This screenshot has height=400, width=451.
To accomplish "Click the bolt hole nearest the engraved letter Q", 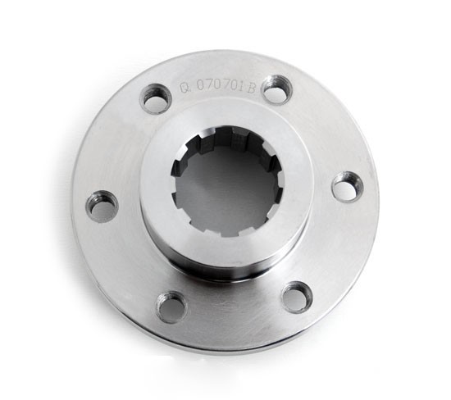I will tap(155, 98).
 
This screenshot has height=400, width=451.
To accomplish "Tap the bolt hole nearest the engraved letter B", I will tap(276, 89).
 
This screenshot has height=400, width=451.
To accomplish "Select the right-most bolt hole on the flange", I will tap(347, 185).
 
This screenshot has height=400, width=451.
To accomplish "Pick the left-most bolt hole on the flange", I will tap(102, 205).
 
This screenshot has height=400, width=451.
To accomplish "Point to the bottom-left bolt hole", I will tap(171, 307).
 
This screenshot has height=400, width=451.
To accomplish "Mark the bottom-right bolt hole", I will tap(296, 296).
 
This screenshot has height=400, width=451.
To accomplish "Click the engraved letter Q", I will tap(185, 87).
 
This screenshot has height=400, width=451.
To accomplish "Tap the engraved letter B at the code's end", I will tap(251, 83).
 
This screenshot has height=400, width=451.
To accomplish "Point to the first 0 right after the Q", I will tap(200, 85).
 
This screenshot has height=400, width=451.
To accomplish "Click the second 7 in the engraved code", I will tap(225, 84).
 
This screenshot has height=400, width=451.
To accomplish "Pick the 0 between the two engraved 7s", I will tap(217, 84).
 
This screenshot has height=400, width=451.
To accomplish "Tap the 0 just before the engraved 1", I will tap(235, 84).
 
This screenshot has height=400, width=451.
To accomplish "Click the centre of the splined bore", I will tap(227, 181).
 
